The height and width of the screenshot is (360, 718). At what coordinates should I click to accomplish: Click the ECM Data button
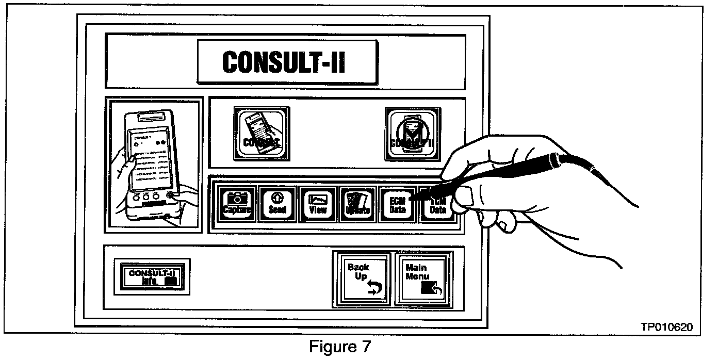pos(397,204)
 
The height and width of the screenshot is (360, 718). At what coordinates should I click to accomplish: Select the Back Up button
pos(361,279)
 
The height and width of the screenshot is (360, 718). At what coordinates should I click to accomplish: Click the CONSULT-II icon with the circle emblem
pos(412,133)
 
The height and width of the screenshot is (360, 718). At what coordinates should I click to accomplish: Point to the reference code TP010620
pos(666,327)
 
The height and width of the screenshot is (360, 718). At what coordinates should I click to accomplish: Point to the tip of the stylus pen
pos(411,197)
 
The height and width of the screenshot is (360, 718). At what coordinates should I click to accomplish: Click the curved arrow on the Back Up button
pos(373,288)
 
